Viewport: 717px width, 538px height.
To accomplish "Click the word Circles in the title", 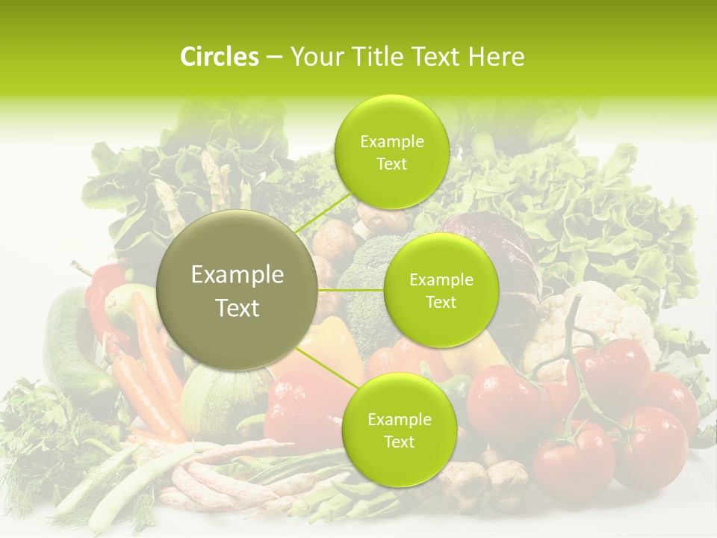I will pyautogui.click(x=219, y=57).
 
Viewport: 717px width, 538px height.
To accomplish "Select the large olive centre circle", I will pyautogui.click(x=238, y=290).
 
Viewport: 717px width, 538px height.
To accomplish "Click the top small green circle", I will pyautogui.click(x=391, y=152).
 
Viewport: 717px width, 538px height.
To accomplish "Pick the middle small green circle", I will pyautogui.click(x=441, y=290).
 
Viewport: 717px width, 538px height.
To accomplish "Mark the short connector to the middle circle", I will pyautogui.click(x=351, y=289).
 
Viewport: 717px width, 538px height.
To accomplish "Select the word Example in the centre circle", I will pyautogui.click(x=238, y=275).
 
